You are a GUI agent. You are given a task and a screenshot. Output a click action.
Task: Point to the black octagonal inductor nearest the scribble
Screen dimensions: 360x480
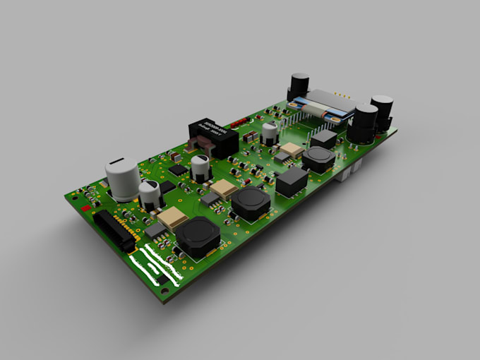198,239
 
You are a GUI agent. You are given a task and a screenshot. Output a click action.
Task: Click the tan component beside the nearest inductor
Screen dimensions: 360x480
172,218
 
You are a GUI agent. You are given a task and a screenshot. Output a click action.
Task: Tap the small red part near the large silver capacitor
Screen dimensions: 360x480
86,209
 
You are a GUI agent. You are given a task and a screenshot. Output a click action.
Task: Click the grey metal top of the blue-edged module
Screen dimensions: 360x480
329,103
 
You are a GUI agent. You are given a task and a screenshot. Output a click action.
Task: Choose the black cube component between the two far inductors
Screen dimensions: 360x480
291,181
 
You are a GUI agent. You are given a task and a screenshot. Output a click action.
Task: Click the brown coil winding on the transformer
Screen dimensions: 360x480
199,147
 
